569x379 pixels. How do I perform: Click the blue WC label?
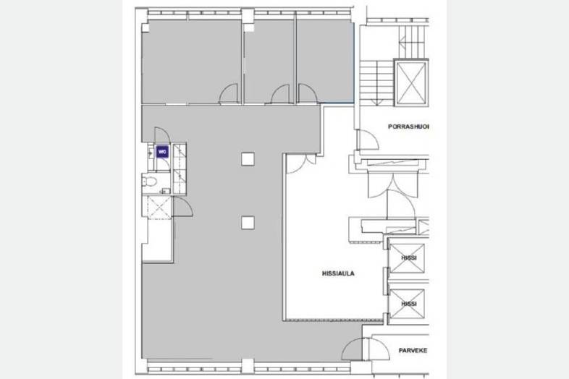(162, 152)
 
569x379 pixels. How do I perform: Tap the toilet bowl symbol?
(150, 181)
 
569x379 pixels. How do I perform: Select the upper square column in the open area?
(248, 159)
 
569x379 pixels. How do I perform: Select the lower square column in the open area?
(248, 223)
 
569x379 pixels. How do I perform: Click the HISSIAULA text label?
(338, 273)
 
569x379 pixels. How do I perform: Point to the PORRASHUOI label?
(408, 127)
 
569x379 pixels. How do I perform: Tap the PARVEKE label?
(413, 350)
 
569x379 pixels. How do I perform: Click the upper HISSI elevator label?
(409, 258)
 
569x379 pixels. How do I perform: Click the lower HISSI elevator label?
(409, 304)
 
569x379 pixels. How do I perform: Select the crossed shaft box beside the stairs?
(411, 83)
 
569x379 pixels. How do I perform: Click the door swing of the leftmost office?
(229, 94)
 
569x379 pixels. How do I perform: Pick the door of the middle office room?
(280, 94)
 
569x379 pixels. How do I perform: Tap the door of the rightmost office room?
(308, 93)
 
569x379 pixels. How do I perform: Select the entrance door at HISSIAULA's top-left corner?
(301, 163)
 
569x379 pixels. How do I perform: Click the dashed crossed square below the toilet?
(159, 208)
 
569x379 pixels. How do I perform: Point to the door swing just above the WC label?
(162, 135)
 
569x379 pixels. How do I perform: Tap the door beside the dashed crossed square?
(183, 207)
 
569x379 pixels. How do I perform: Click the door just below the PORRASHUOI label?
(368, 140)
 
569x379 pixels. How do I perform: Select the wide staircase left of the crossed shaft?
(376, 83)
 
